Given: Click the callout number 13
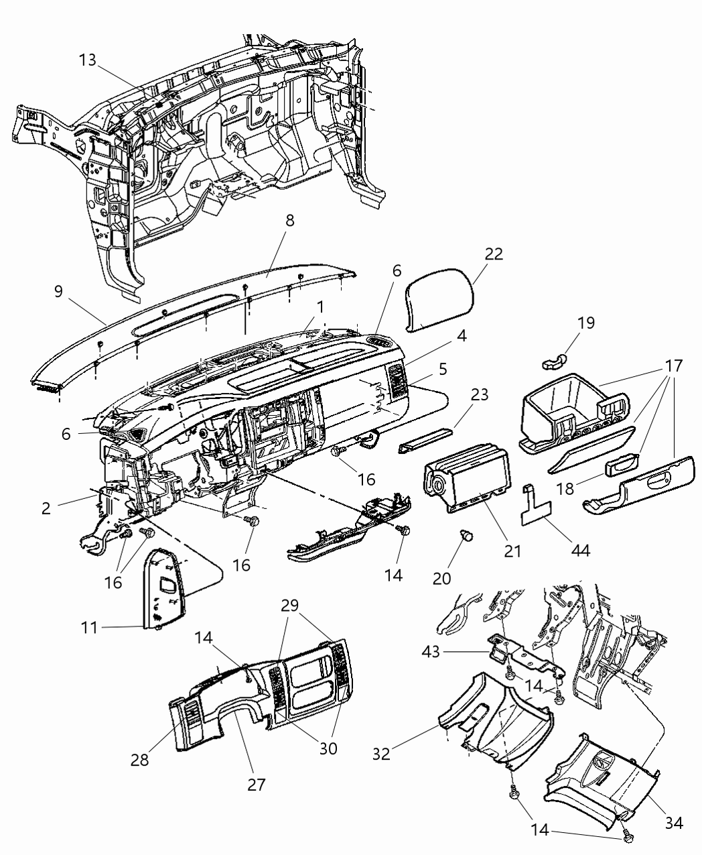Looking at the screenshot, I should pyautogui.click(x=87, y=60).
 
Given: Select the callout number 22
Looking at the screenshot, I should pyautogui.click(x=494, y=254).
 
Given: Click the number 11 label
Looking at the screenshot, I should pyautogui.click(x=90, y=628).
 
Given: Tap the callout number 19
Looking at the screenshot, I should pyautogui.click(x=585, y=323).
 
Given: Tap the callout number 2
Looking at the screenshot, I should pyautogui.click(x=46, y=508).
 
